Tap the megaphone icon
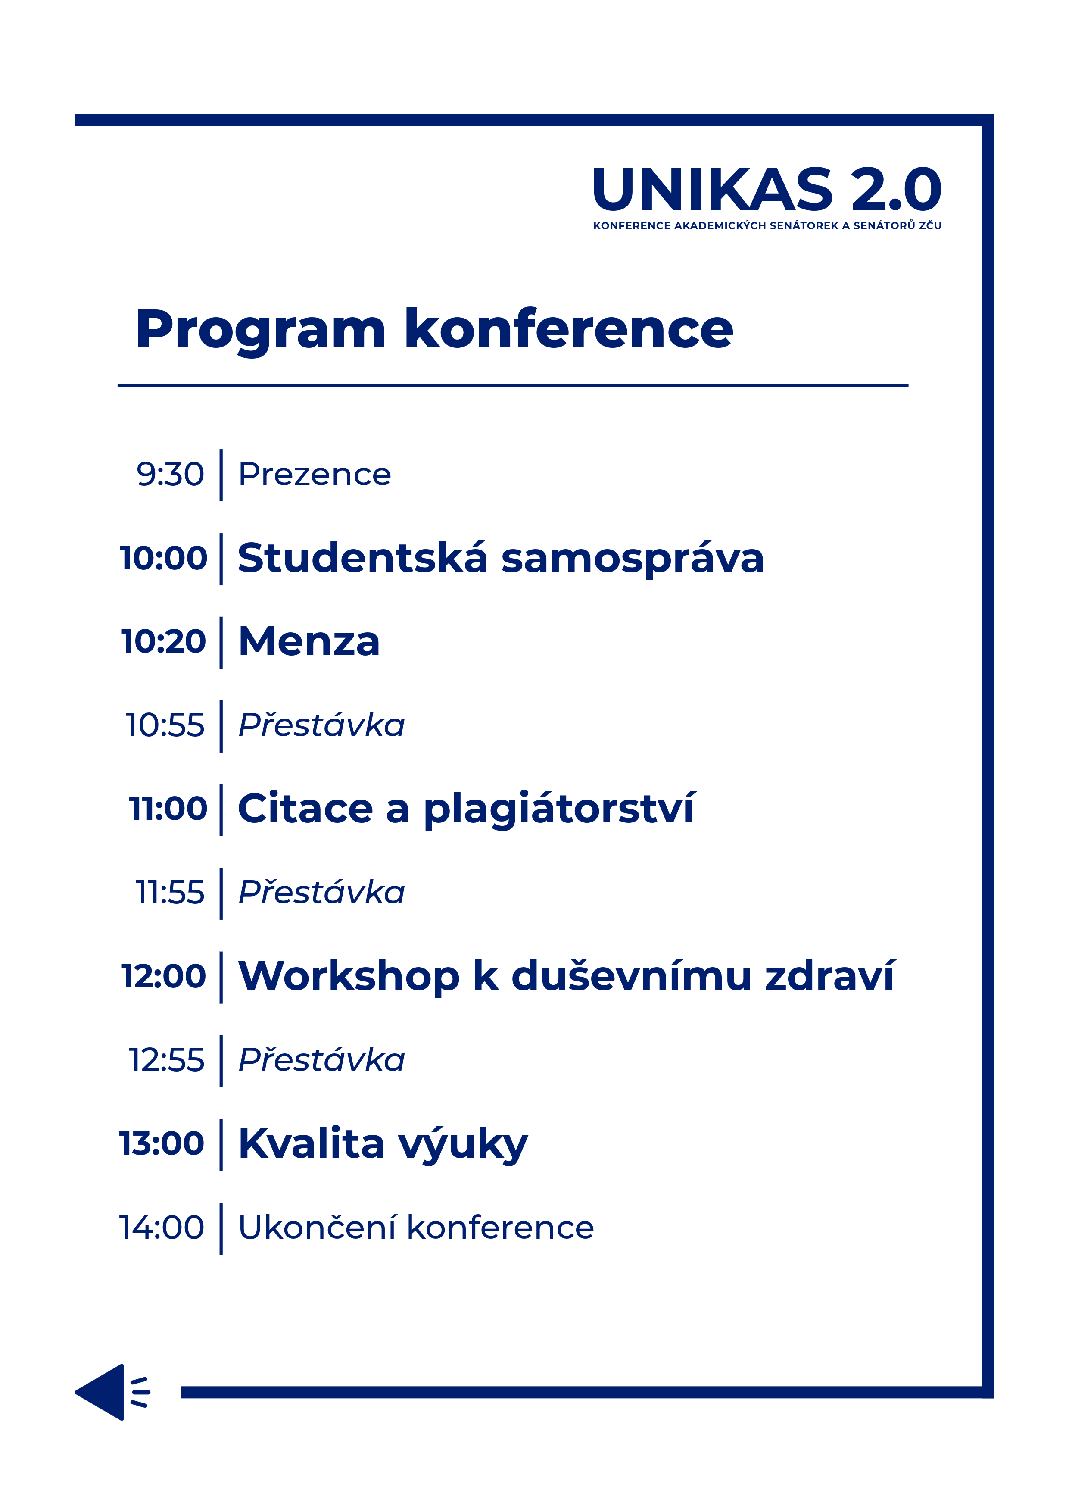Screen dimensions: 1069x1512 pos(112,1392)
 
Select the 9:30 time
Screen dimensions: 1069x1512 pos(170,474)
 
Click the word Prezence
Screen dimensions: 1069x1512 pos(315,474)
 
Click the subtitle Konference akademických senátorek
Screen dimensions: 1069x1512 pos(716,225)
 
